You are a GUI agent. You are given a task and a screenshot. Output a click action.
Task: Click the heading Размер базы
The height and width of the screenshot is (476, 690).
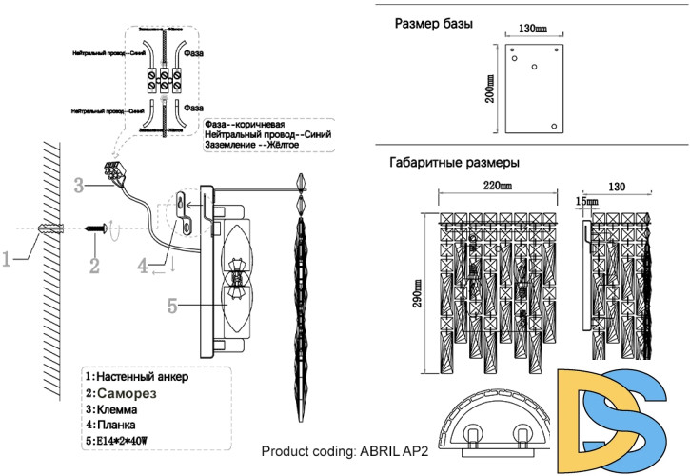coord(434,23)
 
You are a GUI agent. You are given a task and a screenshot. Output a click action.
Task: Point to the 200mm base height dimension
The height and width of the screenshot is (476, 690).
coord(490,89)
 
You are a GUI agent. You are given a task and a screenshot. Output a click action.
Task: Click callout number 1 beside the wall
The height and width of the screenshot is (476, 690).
coord(8,258)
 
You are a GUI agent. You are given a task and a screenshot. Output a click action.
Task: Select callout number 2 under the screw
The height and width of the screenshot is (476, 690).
coord(94,263)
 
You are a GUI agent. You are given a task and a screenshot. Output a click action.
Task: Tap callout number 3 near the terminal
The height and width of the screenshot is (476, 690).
coord(81,184)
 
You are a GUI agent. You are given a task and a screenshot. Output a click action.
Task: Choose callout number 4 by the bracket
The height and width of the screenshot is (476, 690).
coord(142,266)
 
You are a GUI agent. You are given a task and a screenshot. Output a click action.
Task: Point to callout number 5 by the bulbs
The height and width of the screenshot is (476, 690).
coord(172,306)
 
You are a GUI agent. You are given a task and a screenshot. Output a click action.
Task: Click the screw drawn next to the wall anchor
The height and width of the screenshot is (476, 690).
coord(95,228)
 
